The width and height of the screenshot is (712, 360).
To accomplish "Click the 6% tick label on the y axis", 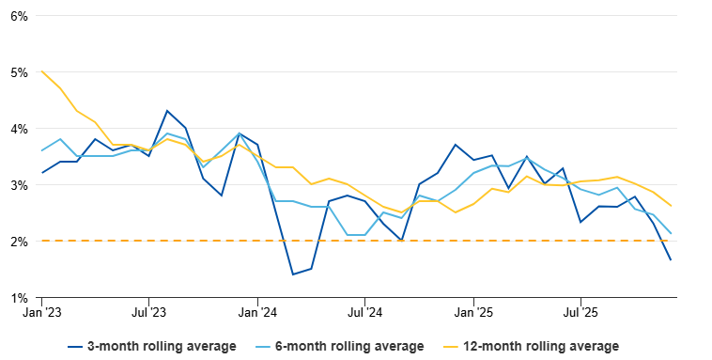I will [x=19, y=16].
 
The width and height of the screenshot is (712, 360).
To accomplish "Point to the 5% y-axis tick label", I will [x=19, y=72].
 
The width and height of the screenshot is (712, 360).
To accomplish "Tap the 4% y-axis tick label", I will [x=19, y=129].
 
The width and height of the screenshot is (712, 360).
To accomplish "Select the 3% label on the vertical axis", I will [x=19, y=185].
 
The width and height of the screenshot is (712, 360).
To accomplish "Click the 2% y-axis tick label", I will [x=19, y=242].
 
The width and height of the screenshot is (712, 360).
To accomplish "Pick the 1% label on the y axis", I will [x=19, y=298].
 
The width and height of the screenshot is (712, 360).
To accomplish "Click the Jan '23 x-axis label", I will [x=42, y=312].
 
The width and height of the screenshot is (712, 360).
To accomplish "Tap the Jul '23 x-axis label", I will [x=149, y=312].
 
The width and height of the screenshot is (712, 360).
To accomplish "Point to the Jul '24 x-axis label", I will [x=364, y=312].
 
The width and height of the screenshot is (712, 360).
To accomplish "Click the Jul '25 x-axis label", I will [x=580, y=312].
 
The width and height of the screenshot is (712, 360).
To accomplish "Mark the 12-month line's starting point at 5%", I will [x=42, y=71].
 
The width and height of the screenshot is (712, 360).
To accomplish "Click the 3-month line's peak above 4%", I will [x=167, y=111].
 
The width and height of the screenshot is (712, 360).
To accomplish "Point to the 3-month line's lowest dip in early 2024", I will [x=293, y=274].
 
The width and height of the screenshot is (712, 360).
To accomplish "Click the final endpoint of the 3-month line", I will [x=671, y=260].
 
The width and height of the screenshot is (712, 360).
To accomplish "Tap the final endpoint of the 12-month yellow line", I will [x=671, y=206].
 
